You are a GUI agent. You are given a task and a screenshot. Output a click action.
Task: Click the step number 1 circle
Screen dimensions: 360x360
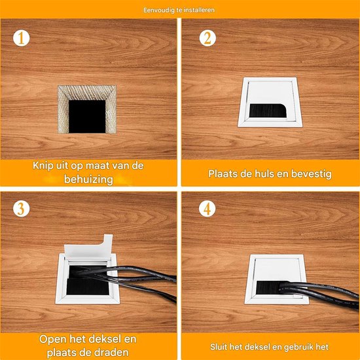(x=22, y=38)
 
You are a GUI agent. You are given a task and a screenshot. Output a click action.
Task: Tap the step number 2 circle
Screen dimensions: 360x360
(x=207, y=38)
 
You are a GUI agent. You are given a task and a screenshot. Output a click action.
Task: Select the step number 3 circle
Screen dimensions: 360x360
(x=22, y=208)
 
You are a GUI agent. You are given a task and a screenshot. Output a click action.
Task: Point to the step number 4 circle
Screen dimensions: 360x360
(x=207, y=208)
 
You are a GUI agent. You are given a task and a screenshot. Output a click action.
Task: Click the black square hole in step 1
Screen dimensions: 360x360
(x=87, y=117)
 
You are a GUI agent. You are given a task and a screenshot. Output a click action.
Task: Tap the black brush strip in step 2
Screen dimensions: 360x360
(x=268, y=111)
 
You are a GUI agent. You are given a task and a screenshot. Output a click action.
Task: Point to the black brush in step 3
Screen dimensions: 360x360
(x=88, y=287)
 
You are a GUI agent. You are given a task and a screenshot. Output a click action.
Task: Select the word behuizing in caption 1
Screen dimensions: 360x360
(x=88, y=179)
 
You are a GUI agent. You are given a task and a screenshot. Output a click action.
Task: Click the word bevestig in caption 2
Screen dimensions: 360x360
(x=312, y=174)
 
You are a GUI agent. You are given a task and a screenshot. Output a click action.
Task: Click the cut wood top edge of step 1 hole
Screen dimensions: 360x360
(x=87, y=92)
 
